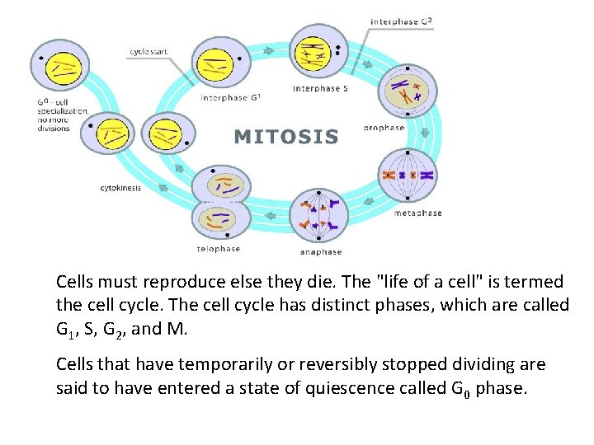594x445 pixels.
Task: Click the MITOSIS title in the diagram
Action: (286, 137)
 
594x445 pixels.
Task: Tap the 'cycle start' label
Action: (148, 52)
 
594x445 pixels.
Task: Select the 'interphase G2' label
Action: (402, 21)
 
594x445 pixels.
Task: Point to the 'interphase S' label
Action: (320, 88)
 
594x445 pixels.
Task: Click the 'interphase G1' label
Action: (231, 98)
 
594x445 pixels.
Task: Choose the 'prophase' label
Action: (384, 128)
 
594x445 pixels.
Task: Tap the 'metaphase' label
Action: (417, 213)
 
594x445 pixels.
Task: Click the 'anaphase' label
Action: (321, 251)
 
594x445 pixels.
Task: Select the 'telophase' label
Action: (218, 248)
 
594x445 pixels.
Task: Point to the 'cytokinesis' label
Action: (120, 188)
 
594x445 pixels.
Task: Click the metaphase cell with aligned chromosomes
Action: (407, 175)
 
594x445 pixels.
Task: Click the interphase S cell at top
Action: (312, 54)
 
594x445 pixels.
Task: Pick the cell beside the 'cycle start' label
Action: (219, 62)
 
